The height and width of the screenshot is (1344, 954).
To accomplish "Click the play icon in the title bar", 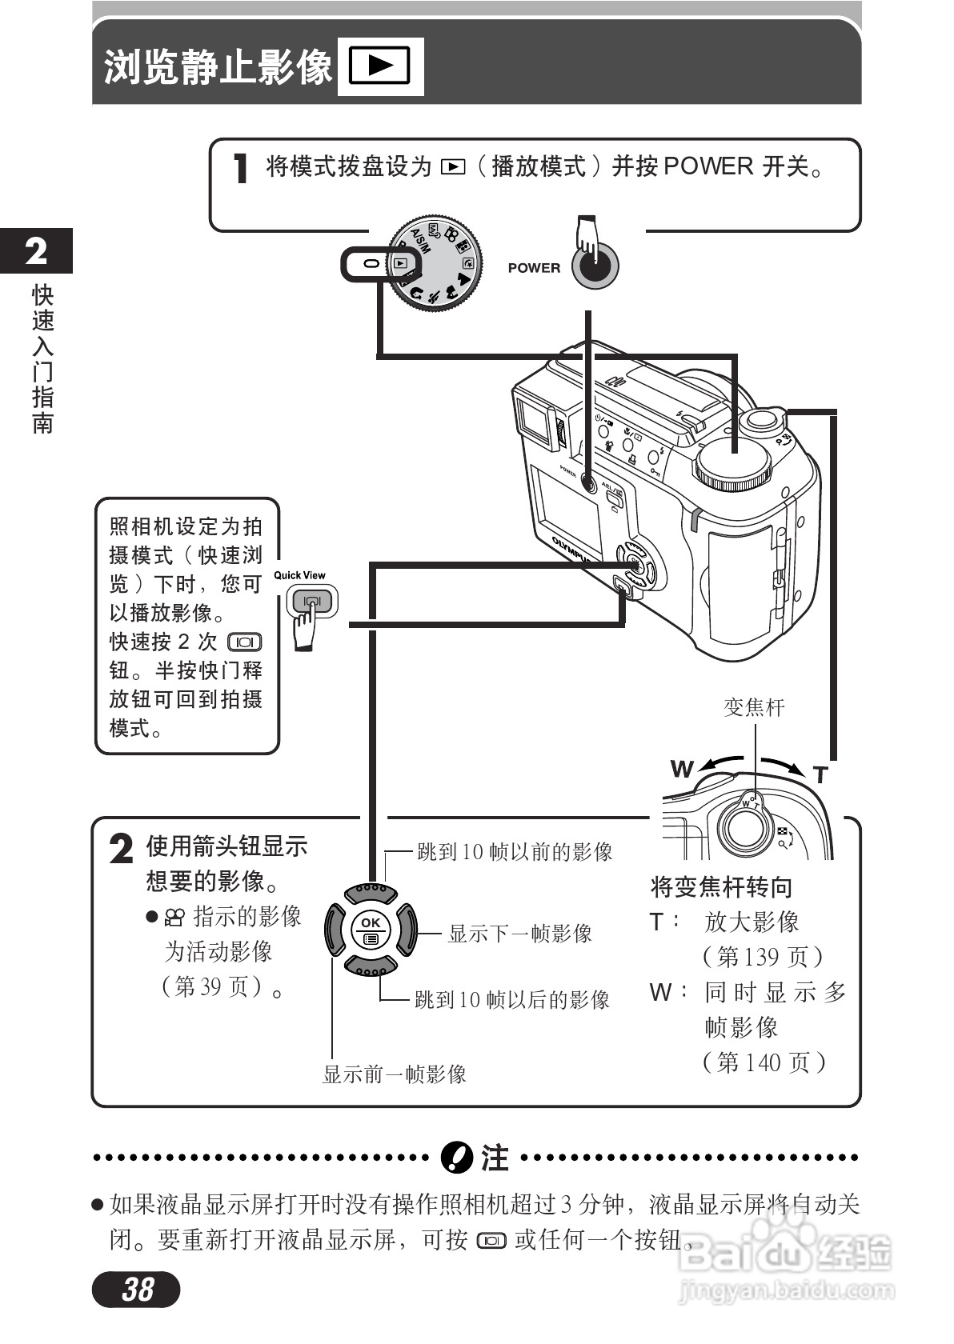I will [x=380, y=66].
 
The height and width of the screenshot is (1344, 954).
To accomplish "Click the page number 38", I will [x=137, y=1288].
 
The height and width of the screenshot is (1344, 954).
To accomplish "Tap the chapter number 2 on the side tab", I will [x=36, y=251].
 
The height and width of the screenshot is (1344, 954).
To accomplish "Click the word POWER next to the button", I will [x=534, y=268].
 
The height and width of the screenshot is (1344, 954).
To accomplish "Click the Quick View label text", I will [x=299, y=575].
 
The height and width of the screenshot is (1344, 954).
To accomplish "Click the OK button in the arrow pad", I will [x=371, y=930].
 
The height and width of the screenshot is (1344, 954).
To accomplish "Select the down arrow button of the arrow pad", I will [x=371, y=967].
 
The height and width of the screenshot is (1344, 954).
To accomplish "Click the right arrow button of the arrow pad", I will [x=407, y=930].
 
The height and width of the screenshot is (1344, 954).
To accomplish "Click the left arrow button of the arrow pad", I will [x=334, y=930].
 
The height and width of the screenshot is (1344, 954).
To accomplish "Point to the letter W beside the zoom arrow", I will [x=681, y=770].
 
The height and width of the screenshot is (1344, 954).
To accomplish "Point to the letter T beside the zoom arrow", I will [x=820, y=775].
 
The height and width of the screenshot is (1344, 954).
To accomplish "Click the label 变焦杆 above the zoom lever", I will [x=754, y=707].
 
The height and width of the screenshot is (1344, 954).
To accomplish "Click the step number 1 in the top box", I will [x=240, y=169].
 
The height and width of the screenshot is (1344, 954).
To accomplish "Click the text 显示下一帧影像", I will [x=520, y=934].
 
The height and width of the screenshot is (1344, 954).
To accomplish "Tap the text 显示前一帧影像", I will [x=394, y=1074].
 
